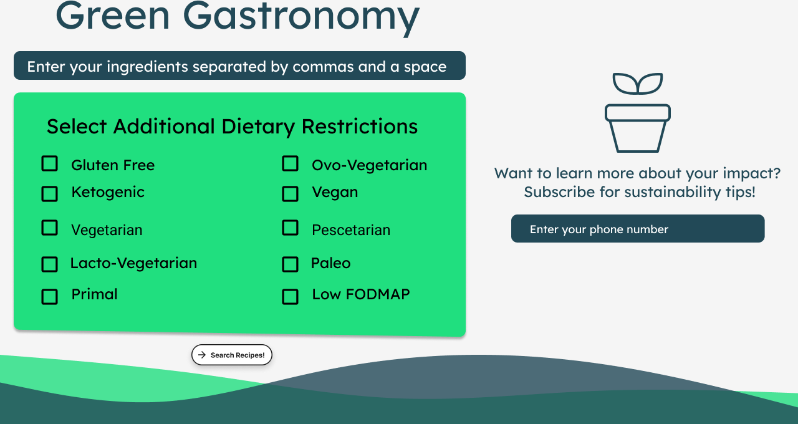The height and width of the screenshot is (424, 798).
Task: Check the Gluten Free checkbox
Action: [x=50, y=164]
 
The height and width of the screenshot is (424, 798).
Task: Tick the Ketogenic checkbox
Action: [x=50, y=194]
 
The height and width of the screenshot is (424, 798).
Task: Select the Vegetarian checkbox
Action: [x=50, y=228]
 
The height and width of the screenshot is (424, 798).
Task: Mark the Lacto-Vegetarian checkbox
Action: [x=50, y=264]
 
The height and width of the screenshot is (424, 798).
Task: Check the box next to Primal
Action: [x=50, y=297]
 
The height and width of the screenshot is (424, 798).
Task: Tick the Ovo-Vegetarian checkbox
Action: [x=290, y=164]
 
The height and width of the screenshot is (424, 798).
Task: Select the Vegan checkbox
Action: [x=290, y=194]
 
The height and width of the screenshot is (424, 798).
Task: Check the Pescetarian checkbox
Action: [x=290, y=228]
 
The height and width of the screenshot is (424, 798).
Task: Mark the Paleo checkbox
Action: [x=290, y=264]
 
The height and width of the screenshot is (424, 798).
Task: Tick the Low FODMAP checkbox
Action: [x=290, y=297]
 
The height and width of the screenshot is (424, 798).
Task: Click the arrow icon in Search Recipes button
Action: [x=202, y=355]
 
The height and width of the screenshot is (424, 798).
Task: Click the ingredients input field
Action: [x=239, y=66]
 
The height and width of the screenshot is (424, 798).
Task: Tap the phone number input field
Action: [x=637, y=229]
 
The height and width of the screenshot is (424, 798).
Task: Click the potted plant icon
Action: [x=637, y=113]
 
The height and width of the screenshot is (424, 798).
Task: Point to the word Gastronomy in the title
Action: [x=301, y=16]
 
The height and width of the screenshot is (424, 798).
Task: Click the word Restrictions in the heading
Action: [x=360, y=127]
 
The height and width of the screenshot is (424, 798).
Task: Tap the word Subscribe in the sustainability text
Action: [x=559, y=192]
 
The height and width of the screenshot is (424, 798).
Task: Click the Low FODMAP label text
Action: [x=360, y=294]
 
